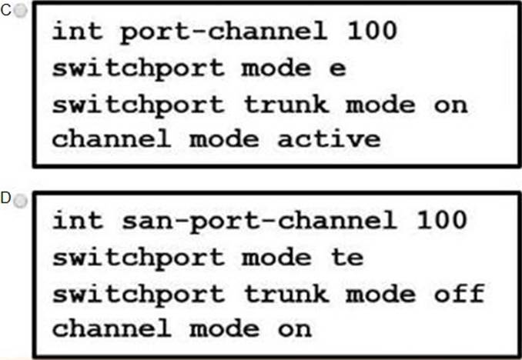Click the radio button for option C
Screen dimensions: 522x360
pos(21,11)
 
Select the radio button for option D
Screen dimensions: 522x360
pos(21,201)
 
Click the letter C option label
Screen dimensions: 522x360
pos(6,11)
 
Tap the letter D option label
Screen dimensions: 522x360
pos(6,198)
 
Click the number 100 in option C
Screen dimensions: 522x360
pos(372,31)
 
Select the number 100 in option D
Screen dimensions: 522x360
pos(441,220)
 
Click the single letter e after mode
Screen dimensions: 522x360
pos(337,69)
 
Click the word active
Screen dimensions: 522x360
pos(329,138)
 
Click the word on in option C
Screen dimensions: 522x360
pos(450,105)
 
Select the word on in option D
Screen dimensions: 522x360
pos(295,329)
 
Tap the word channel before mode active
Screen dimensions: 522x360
pos(112,138)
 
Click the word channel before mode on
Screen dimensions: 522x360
pos(112,328)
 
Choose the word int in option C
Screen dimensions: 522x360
pos(77,31)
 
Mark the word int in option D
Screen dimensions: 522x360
pos(77,220)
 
